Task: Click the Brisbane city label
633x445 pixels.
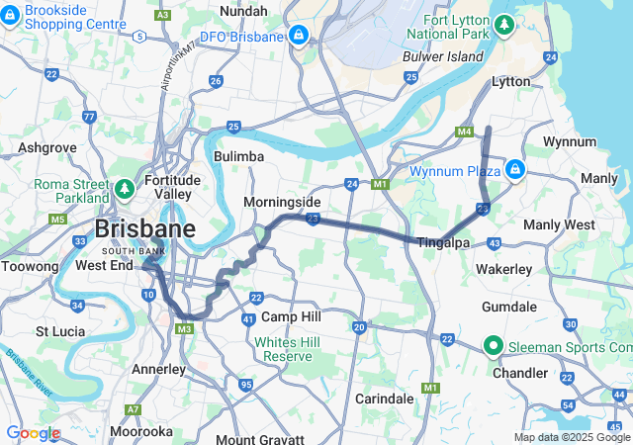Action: pyautogui.click(x=144, y=229)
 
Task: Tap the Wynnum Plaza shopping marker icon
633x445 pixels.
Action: pyautogui.click(x=514, y=170)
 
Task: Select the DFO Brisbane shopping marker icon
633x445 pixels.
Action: pyautogui.click(x=297, y=36)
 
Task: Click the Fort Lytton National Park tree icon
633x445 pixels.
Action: pyautogui.click(x=504, y=23)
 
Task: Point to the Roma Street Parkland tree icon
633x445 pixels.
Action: pyautogui.click(x=124, y=187)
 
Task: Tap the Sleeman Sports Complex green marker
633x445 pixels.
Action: pyautogui.click(x=493, y=346)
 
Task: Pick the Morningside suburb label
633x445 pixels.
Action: pyautogui.click(x=282, y=202)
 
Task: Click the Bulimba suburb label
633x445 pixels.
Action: pyautogui.click(x=238, y=156)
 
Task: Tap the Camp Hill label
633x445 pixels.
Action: pyautogui.click(x=292, y=316)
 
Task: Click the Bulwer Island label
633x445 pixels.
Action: pyautogui.click(x=442, y=56)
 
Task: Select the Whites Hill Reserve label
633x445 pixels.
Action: pyautogui.click(x=283, y=349)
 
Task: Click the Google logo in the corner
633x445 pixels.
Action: pyautogui.click(x=33, y=433)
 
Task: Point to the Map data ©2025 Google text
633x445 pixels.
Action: pyautogui.click(x=572, y=437)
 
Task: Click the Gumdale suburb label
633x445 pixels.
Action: pyautogui.click(x=535, y=308)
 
